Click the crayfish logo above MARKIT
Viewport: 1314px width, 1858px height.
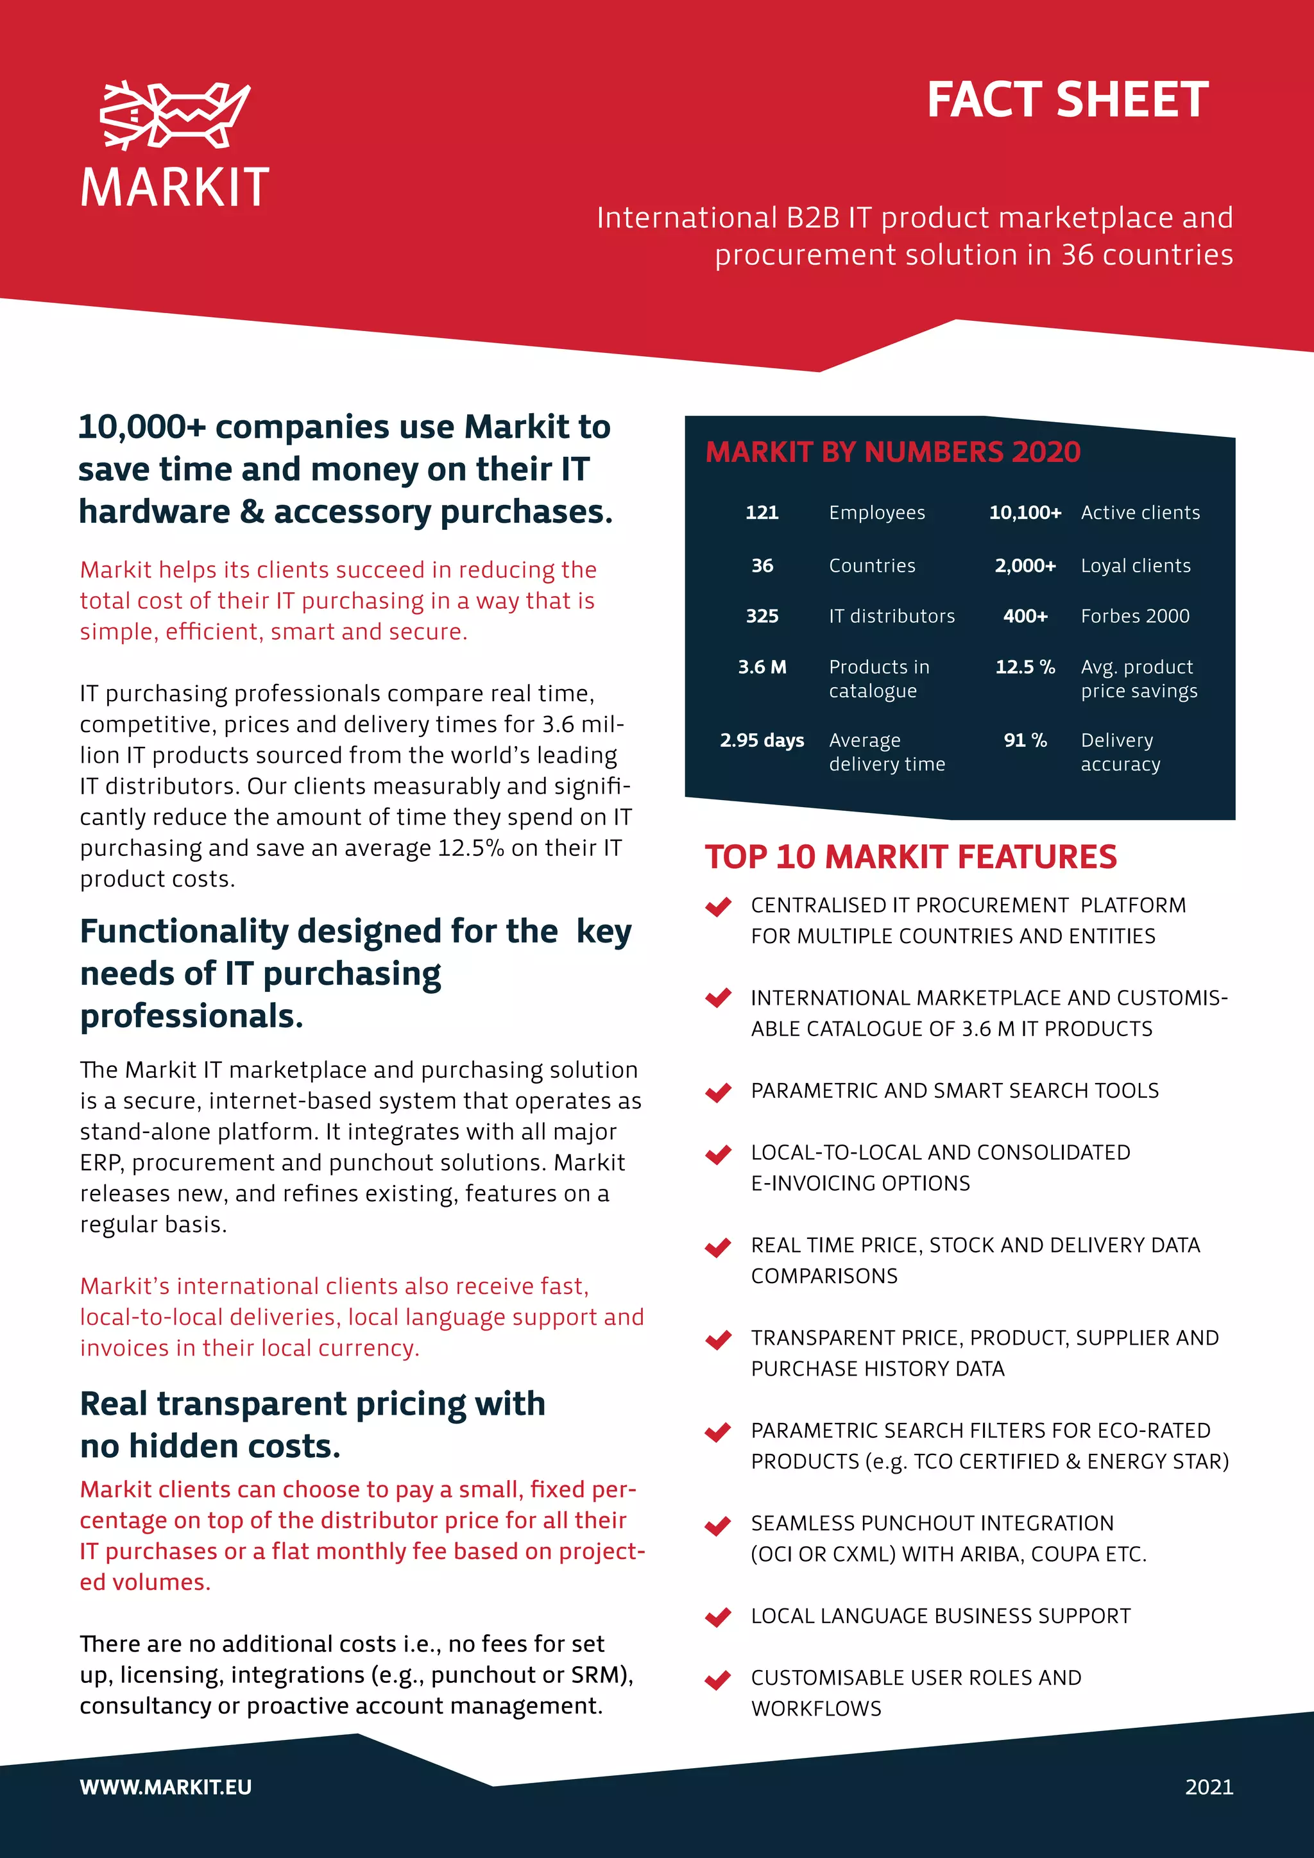point(175,115)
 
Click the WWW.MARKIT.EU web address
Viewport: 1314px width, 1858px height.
point(166,1787)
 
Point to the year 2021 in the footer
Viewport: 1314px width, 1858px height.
point(1209,1787)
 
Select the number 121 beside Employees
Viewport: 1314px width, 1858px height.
point(762,512)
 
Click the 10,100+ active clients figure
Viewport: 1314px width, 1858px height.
point(1025,512)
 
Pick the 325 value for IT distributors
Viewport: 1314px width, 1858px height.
point(762,616)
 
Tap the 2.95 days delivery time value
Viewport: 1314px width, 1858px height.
point(762,740)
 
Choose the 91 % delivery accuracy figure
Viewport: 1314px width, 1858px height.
point(1025,740)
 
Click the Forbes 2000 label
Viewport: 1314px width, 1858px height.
point(1134,616)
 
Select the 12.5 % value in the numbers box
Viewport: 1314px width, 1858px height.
point(1025,667)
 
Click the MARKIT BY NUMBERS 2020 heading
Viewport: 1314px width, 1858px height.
point(892,452)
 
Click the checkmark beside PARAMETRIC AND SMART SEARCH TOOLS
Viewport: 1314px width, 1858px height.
point(718,1092)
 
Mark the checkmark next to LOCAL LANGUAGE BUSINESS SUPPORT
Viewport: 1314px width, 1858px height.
point(718,1617)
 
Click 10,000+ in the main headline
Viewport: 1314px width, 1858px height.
point(142,427)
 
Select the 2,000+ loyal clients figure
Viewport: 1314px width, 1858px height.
point(1025,566)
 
